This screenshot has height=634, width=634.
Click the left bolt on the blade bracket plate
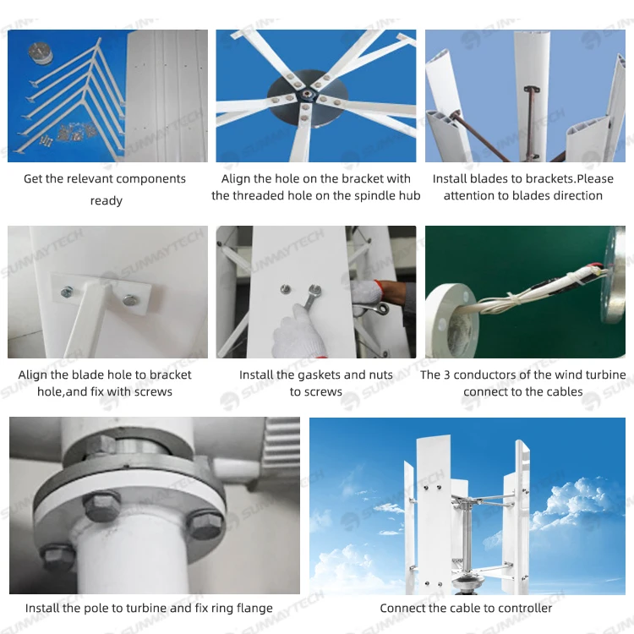pyautogui.click(x=67, y=292)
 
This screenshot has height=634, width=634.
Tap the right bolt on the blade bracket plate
pyautogui.click(x=129, y=298)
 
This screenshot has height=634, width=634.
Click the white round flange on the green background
pyautogui.click(x=449, y=312)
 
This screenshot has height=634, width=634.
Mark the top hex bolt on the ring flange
pyautogui.click(x=102, y=445)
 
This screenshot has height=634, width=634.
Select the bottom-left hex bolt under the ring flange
pyautogui.click(x=59, y=557)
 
